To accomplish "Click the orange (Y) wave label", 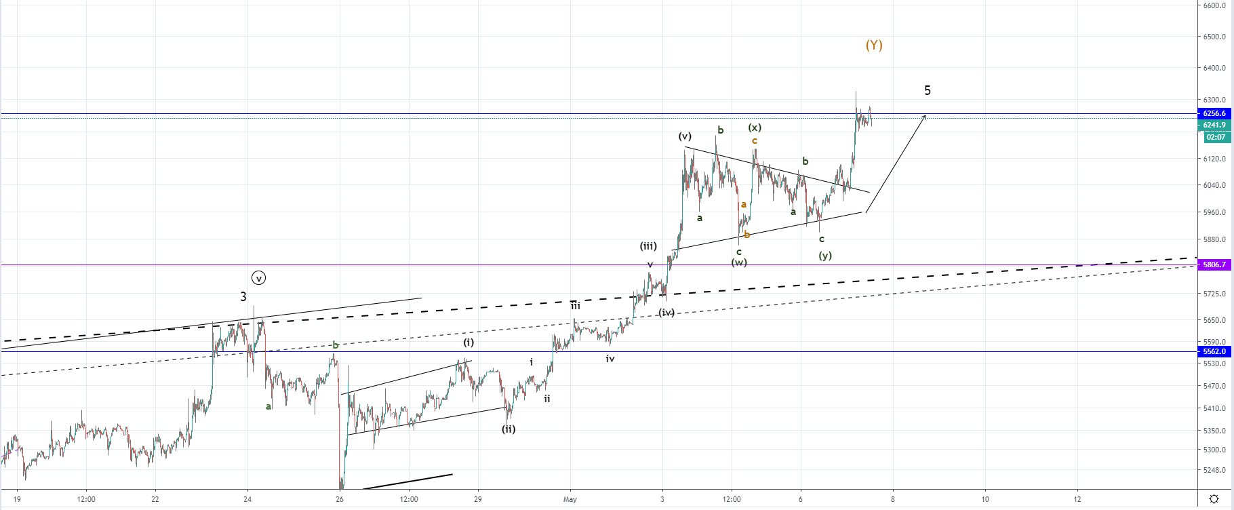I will pos(874,45).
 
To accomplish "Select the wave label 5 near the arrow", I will pos(928,90).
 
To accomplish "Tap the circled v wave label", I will pos(258,278).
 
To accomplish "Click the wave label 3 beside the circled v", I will pos(243,296).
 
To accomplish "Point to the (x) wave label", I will pos(755,127).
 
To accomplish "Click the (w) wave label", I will pos(739,262).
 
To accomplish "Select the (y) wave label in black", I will pos(825,256).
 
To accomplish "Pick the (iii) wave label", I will pos(648,246).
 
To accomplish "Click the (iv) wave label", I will pos(667,313).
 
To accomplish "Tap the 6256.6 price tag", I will pos(1214,113).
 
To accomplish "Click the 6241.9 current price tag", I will pos(1214,125).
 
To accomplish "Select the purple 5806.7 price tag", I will pos(1214,264).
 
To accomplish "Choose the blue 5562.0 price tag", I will pos(1214,351).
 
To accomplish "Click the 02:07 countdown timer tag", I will pos(1216,137).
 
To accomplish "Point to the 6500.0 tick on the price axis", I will pos(1214,37).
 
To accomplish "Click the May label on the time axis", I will pos(570,499).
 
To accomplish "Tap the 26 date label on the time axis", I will pos(340,499).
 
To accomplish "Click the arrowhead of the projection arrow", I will pos(925,117).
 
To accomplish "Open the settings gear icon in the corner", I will pos(1214,499).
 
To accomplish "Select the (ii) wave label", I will pos(509,429).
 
